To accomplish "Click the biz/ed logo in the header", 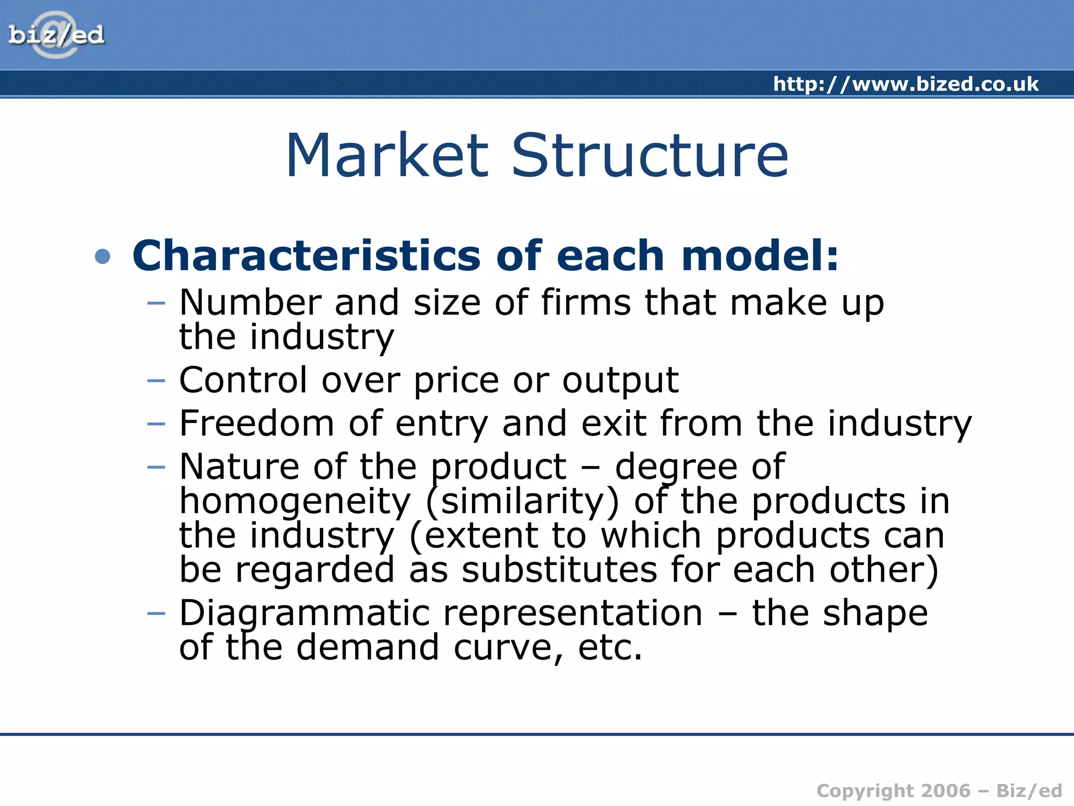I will [x=56, y=35].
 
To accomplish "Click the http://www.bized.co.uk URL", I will [x=906, y=84].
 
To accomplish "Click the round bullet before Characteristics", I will [x=103, y=257].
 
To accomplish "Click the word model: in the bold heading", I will [x=760, y=256].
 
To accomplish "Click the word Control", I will [x=243, y=380].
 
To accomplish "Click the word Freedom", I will [x=256, y=423].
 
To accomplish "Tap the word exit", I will [x=613, y=423].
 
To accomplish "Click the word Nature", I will [x=239, y=466].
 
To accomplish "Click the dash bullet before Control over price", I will [x=156, y=380].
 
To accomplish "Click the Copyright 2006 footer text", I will [x=939, y=791].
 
